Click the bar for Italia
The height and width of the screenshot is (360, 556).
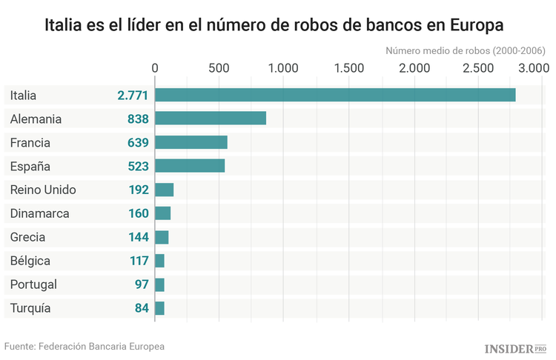335,95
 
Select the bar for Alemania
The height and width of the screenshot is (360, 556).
211,119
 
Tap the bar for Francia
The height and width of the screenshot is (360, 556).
191,142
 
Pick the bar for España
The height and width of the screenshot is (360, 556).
190,166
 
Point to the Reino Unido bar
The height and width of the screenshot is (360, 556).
164,190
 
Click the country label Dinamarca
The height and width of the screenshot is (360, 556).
40,213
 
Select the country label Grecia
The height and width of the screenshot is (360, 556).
28,237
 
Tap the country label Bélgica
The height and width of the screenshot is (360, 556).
30,261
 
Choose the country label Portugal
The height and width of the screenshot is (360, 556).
34,284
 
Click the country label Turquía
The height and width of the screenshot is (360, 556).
31,308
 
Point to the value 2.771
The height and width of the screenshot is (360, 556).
133,95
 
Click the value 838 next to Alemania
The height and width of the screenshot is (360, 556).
138,119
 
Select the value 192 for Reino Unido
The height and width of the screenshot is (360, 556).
139,190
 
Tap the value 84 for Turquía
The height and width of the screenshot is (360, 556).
142,308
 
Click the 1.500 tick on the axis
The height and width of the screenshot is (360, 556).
349,68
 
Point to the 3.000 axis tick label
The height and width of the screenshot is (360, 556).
532,68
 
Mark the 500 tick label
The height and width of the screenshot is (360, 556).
219,68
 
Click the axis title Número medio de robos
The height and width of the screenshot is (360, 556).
466,50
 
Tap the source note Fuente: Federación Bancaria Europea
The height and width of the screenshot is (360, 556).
85,346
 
